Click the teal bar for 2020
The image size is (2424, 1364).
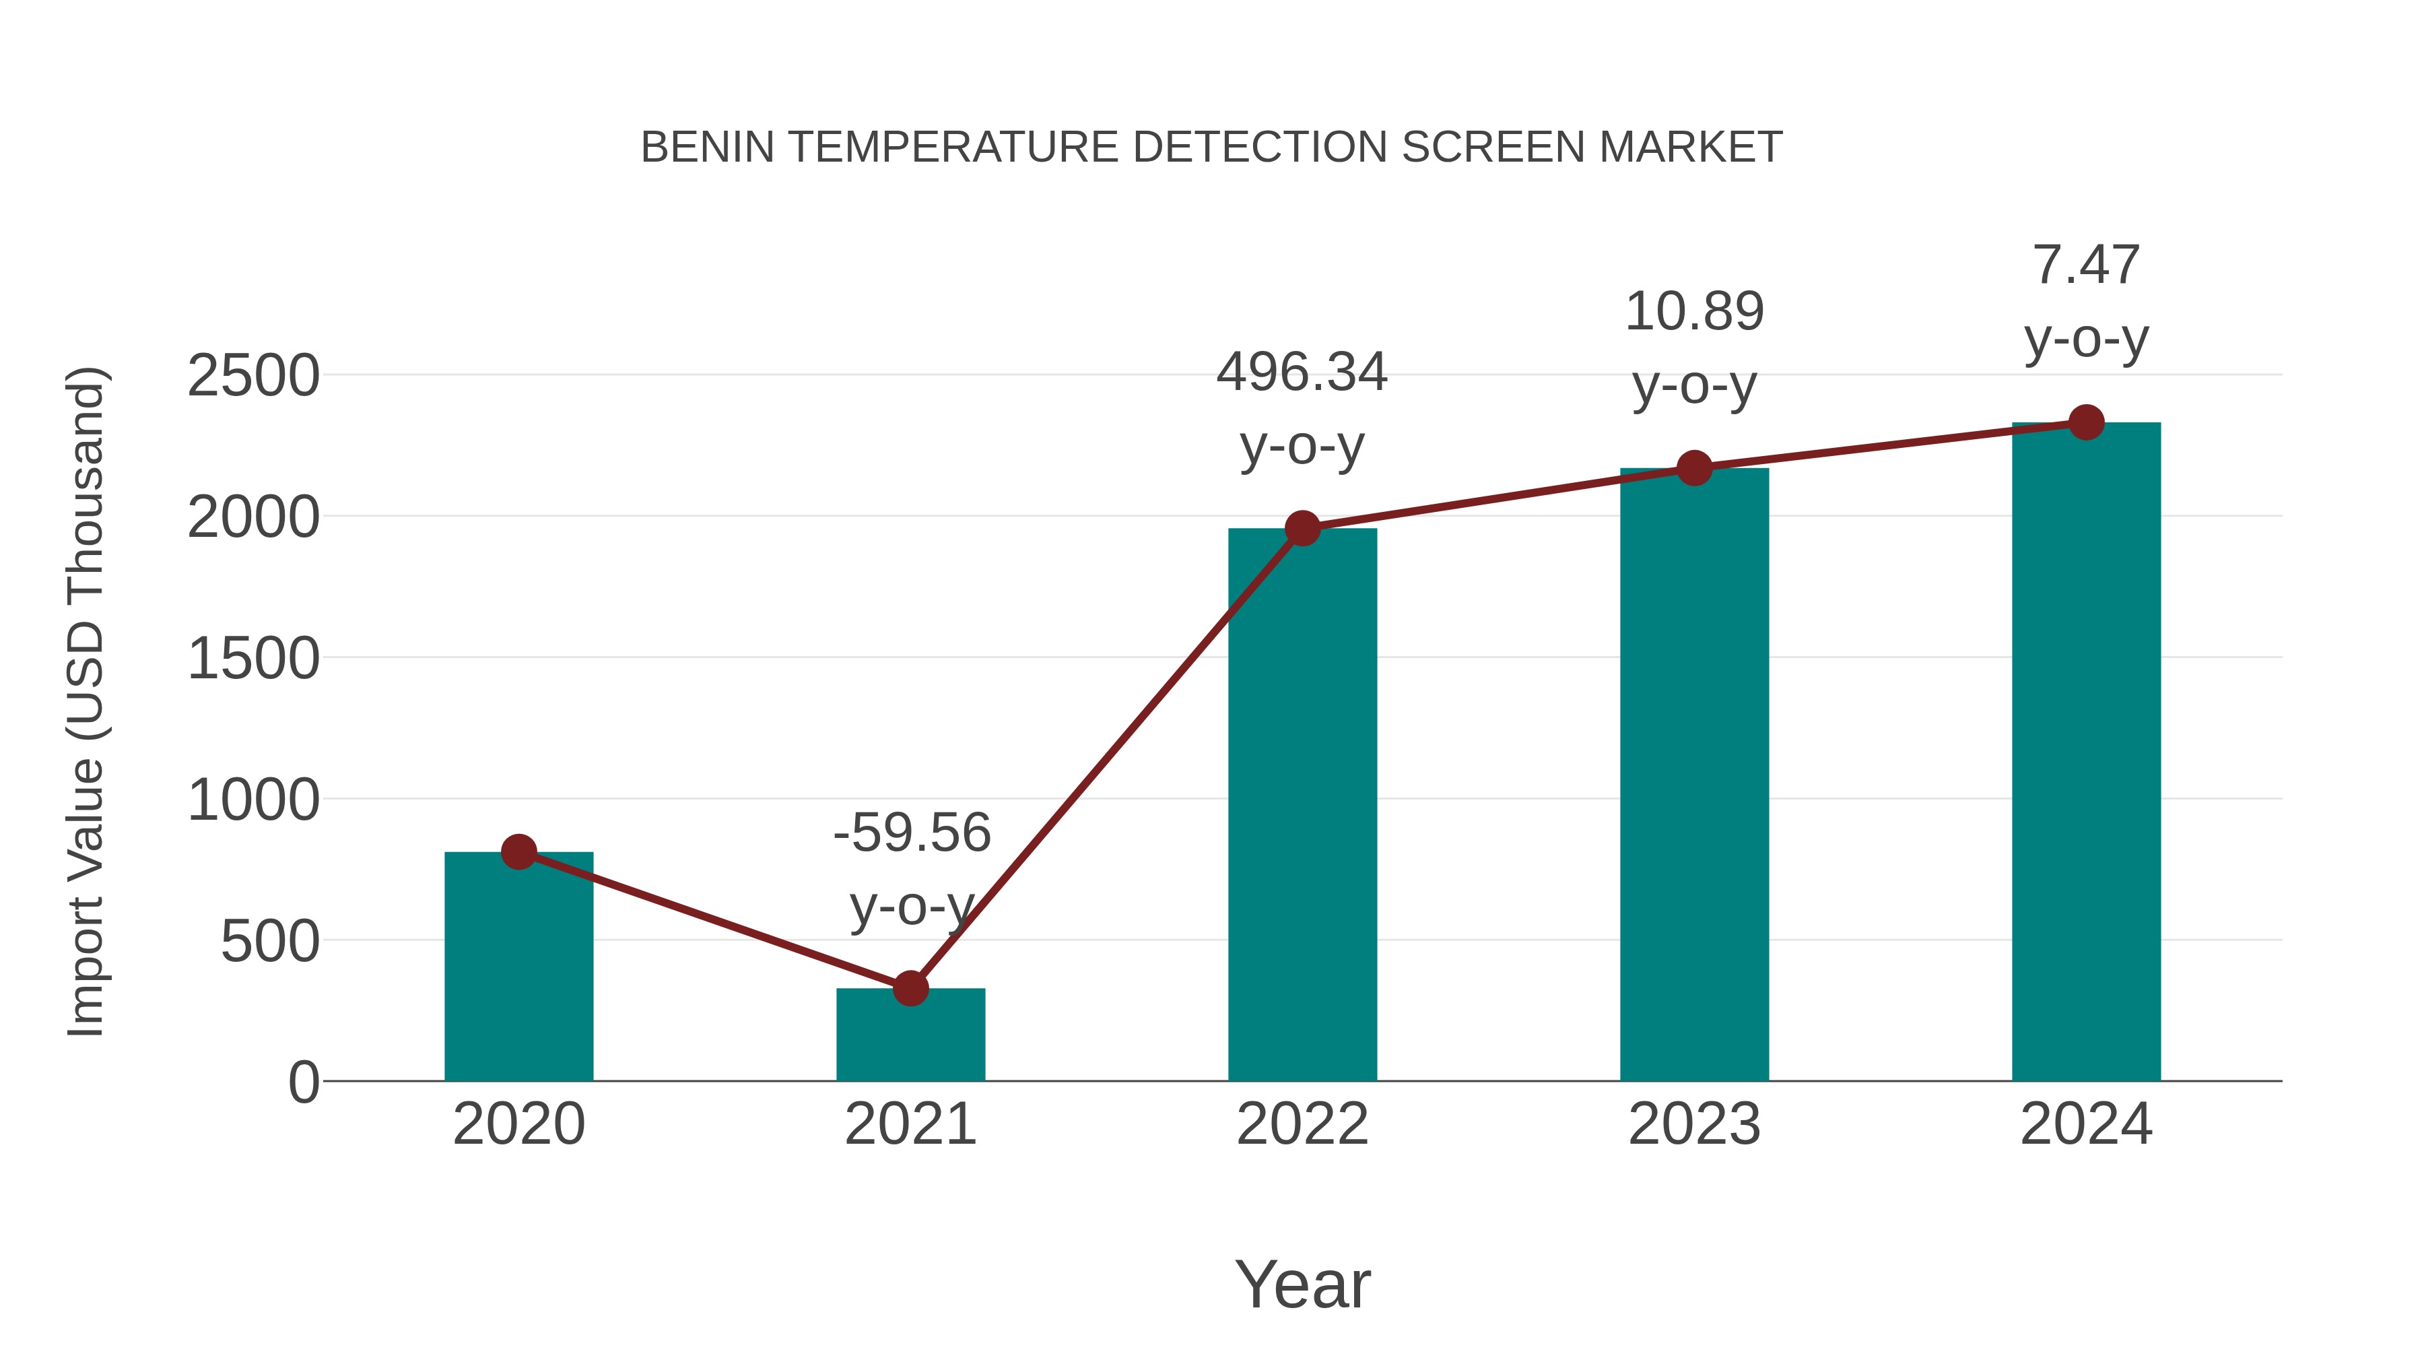point(518,969)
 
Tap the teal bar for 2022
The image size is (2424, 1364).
point(1302,810)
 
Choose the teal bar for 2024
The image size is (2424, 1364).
point(2086,753)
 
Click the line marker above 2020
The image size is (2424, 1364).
point(518,852)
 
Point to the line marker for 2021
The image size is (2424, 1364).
point(910,988)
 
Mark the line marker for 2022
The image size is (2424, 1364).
point(1302,528)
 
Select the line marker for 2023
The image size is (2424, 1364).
point(1694,468)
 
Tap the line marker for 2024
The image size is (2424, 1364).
point(2086,422)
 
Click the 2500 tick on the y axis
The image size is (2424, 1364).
point(253,377)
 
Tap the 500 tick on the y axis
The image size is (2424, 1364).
point(270,942)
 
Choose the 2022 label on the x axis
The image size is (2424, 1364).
point(1302,1124)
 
